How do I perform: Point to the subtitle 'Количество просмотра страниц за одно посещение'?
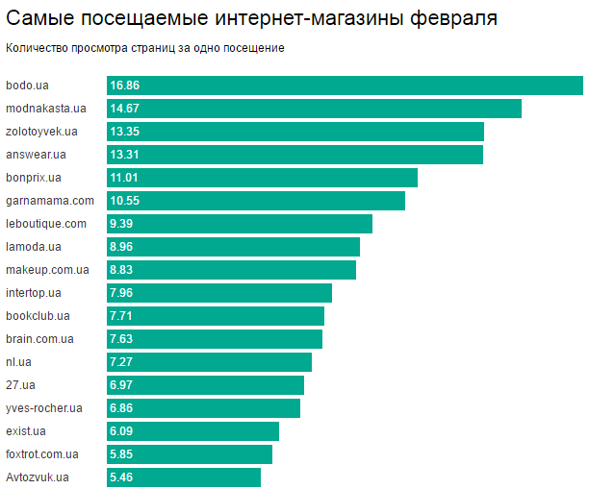[x=145, y=47]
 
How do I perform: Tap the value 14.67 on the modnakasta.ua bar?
[x=125, y=109]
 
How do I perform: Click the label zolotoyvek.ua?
[x=41, y=132]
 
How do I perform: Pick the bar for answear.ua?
[x=294, y=155]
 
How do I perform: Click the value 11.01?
[x=125, y=178]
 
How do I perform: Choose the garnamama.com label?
[x=50, y=201]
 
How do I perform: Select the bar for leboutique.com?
[x=240, y=224]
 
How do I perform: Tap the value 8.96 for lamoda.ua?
[x=121, y=247]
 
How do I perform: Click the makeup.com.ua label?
[x=47, y=270]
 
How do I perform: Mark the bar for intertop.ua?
[x=219, y=293]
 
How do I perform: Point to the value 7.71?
[x=121, y=316]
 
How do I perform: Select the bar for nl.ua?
[x=209, y=362]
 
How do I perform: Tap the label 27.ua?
[x=20, y=385]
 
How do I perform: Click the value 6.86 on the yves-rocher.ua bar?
[x=121, y=408]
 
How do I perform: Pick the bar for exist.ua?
[x=192, y=431]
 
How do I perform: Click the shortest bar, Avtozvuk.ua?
[x=184, y=477]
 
